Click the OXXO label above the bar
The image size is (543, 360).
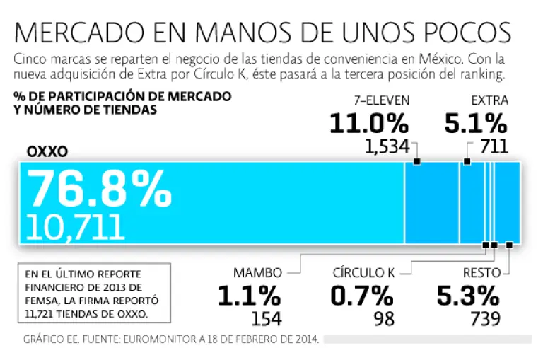(47, 152)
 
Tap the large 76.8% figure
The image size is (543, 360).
(99, 189)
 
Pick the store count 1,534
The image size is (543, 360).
(387, 147)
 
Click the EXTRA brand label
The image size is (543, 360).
(489, 100)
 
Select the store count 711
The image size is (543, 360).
(494, 147)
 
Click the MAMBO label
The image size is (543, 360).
(258, 272)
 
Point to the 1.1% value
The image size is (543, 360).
(249, 296)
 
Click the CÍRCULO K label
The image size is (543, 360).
(363, 272)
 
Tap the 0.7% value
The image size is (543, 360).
(362, 296)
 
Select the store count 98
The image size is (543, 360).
(384, 318)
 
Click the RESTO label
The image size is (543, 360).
(481, 272)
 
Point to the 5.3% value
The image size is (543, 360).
(468, 296)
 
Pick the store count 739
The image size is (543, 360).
(485, 318)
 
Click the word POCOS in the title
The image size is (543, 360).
(463, 33)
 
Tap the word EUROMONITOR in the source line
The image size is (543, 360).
(162, 338)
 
